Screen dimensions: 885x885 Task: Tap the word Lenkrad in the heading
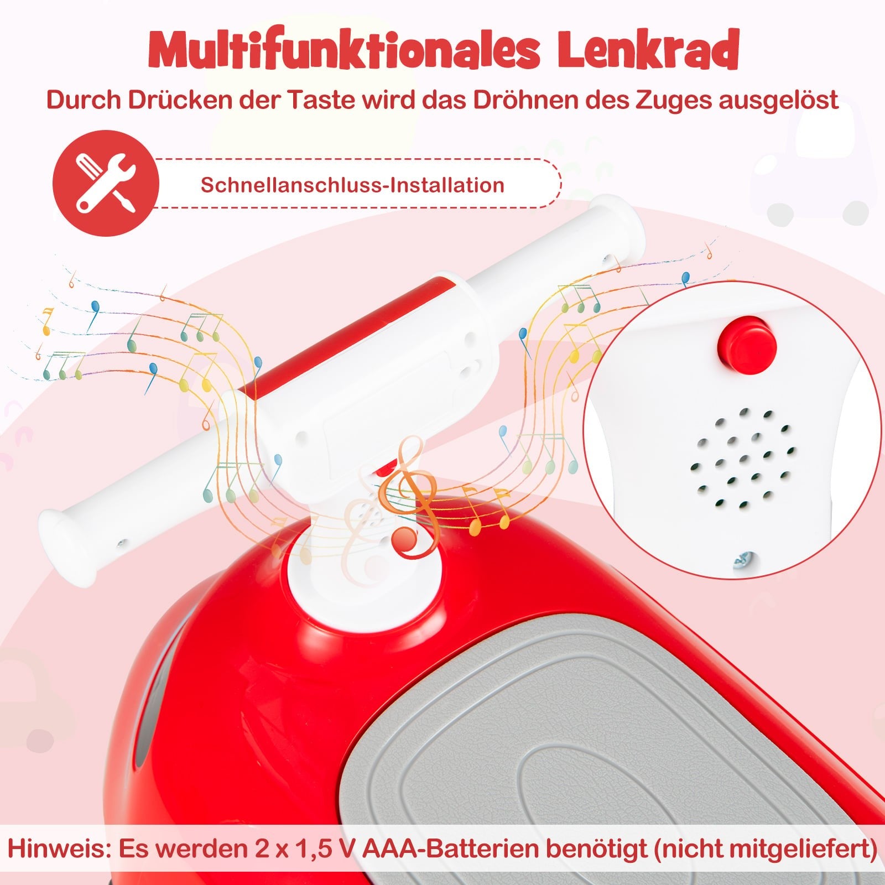pyautogui.click(x=648, y=50)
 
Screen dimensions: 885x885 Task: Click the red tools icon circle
pyautogui.click(x=106, y=183)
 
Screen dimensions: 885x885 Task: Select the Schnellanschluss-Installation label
pyautogui.click(x=352, y=185)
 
